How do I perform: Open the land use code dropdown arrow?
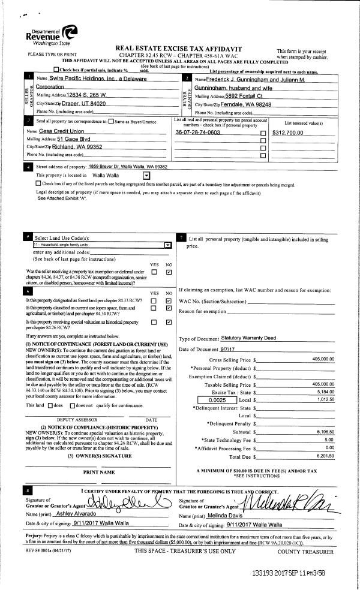tap(167, 245)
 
